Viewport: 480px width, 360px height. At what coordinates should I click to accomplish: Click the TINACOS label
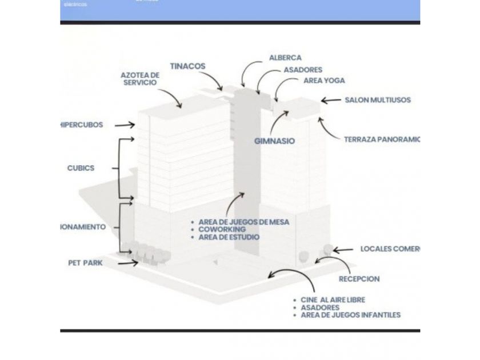[x=187, y=66]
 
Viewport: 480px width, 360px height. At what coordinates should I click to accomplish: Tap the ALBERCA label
[x=285, y=58]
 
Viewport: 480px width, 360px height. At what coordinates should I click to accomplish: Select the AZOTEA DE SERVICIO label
[x=140, y=79]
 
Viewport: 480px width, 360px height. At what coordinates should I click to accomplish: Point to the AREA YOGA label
[x=324, y=81]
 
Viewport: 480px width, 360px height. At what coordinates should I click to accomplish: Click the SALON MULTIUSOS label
[x=377, y=100]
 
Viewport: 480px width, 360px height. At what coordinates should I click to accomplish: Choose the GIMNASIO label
[x=275, y=141]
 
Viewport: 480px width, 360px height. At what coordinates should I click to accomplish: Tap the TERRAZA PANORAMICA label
[x=382, y=139]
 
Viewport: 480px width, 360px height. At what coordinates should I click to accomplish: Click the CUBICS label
[x=81, y=168]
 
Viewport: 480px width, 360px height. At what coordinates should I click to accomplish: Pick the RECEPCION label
[x=359, y=279]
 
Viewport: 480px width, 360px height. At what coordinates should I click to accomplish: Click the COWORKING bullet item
[x=222, y=229]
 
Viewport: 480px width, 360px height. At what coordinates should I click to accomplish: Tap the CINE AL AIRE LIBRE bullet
[x=333, y=299]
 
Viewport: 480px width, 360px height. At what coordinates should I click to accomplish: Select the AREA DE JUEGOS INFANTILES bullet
[x=350, y=315]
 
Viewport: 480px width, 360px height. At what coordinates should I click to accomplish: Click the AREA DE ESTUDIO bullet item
[x=229, y=237]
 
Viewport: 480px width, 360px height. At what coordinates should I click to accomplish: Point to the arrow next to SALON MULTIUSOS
[x=331, y=101]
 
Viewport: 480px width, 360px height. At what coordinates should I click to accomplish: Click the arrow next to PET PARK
[x=127, y=263]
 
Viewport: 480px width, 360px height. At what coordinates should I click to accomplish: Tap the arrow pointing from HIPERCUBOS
[x=125, y=125]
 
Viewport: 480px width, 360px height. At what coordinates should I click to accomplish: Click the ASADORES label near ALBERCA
[x=303, y=70]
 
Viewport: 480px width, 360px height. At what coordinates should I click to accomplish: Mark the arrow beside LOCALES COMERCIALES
[x=343, y=250]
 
